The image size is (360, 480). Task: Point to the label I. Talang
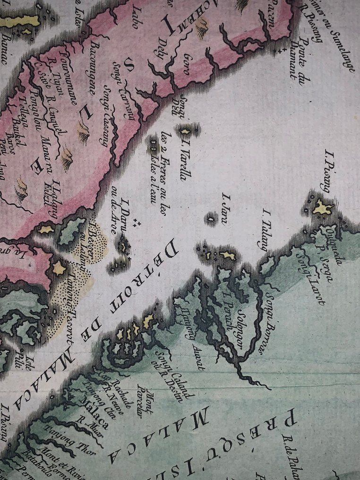point(262,228)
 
